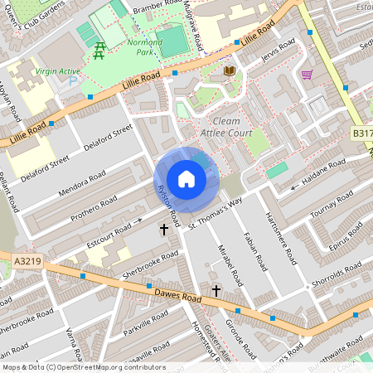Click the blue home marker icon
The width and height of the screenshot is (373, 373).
tap(186, 178)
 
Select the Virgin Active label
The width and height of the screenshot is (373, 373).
tap(57, 71)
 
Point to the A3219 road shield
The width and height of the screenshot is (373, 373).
tap(27, 261)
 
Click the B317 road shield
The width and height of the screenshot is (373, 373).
tap(361, 133)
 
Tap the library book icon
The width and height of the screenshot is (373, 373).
tap(230, 72)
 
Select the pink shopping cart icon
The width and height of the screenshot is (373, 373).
tap(307, 74)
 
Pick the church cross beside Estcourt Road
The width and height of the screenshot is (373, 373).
tap(163, 228)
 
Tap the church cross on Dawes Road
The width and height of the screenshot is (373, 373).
tap(216, 291)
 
